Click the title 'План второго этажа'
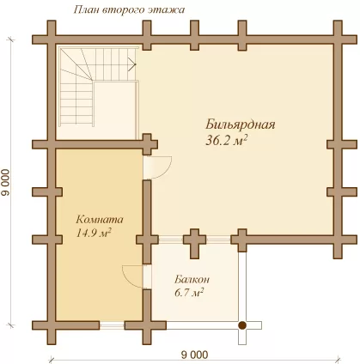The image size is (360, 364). (129, 10)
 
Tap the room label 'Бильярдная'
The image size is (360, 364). (240, 124)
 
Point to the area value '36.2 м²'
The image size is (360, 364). (227, 141)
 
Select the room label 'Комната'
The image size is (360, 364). (100, 220)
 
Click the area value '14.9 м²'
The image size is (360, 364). (94, 233)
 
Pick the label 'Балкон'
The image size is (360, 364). (192, 279)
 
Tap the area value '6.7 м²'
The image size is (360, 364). (189, 293)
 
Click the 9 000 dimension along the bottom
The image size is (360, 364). (195, 355)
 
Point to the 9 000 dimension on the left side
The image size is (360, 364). (5, 183)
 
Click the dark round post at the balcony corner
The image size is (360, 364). (242, 325)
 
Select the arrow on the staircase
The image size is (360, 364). (131, 64)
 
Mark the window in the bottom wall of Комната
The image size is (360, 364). (112, 325)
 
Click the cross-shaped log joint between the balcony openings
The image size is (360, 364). (195, 240)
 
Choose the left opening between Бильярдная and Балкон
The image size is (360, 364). (171, 240)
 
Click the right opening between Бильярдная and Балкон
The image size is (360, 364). (218, 240)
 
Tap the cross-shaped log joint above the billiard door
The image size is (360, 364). (147, 144)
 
